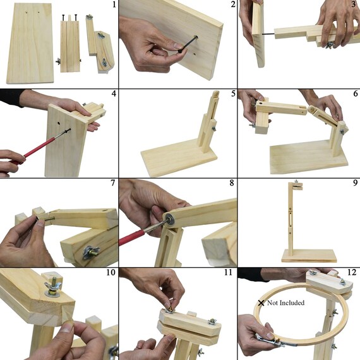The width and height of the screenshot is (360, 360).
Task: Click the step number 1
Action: point(114,4)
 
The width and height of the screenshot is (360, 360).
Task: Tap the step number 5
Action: point(233,93)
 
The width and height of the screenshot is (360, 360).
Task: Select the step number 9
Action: point(355,183)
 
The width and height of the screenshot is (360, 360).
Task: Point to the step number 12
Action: point(352,272)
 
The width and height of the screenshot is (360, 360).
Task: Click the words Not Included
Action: point(286,303)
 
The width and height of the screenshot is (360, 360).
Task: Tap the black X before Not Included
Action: point(261,303)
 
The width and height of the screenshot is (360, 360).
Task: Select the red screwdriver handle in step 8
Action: point(131,237)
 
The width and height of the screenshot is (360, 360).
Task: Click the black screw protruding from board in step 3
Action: point(268,34)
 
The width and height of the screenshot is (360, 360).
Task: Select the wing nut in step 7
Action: point(91,252)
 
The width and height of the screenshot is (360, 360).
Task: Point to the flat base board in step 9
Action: point(309,256)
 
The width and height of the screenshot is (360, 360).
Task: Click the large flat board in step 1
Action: point(30,43)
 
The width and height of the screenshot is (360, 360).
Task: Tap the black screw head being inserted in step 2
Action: point(195,37)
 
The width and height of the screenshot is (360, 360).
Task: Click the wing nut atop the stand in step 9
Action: point(296,181)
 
